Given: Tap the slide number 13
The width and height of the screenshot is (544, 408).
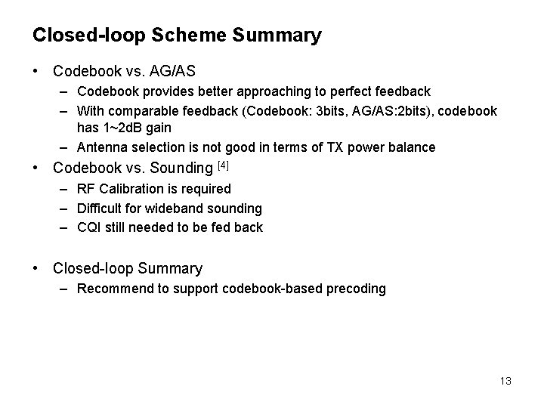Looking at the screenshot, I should point(505,381).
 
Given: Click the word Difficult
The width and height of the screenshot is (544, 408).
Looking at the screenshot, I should point(101,208).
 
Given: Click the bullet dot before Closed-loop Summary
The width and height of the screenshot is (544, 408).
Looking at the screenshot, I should point(36,268).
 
